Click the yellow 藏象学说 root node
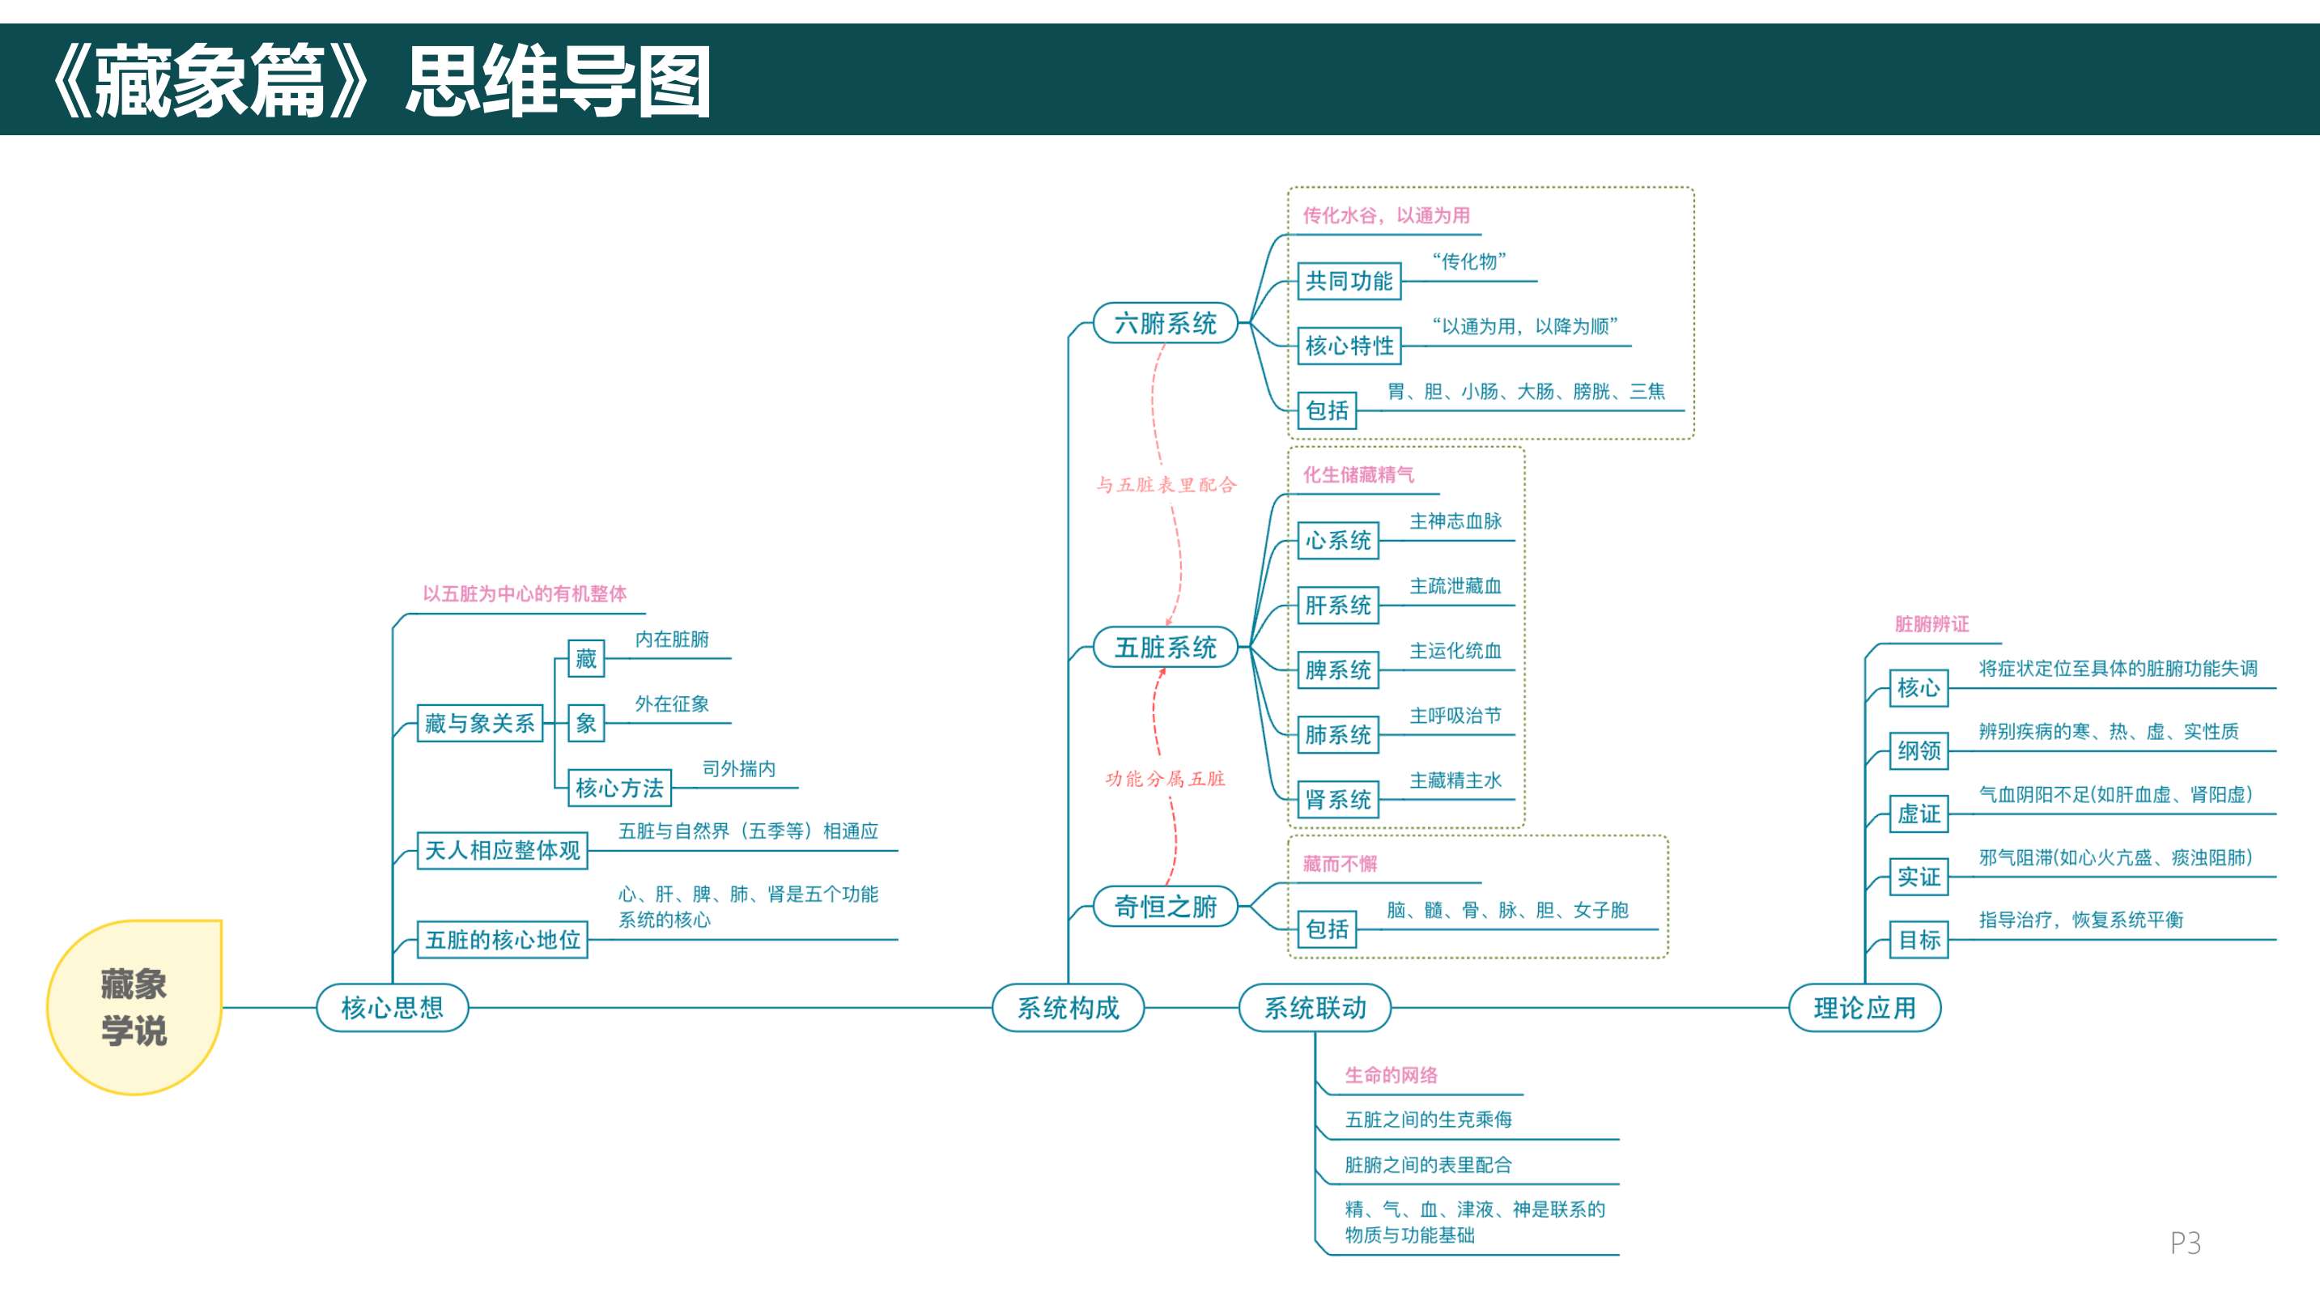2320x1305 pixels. click(134, 1007)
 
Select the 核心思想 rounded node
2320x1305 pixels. click(392, 1007)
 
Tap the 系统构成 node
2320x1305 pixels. click(1069, 1007)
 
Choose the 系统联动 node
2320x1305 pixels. click(1315, 1007)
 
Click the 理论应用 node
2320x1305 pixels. click(1864, 1007)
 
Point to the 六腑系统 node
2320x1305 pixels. click(1166, 322)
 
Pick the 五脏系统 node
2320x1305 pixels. click(1166, 647)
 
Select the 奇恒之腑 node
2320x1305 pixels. click(1166, 906)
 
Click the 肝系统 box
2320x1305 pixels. click(1337, 606)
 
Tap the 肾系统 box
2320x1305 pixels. click(1337, 800)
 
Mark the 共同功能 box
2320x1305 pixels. click(1349, 281)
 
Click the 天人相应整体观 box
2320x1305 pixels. click(502, 850)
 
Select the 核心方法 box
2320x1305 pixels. click(618, 788)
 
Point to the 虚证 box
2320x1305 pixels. click(1918, 814)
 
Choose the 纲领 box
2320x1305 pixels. click(1918, 750)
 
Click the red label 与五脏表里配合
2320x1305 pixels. click(1166, 485)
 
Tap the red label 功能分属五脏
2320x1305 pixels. click(1165, 779)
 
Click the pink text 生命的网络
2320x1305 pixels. click(1391, 1074)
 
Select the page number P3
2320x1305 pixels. click(2185, 1243)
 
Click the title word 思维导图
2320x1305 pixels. click(558, 83)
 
